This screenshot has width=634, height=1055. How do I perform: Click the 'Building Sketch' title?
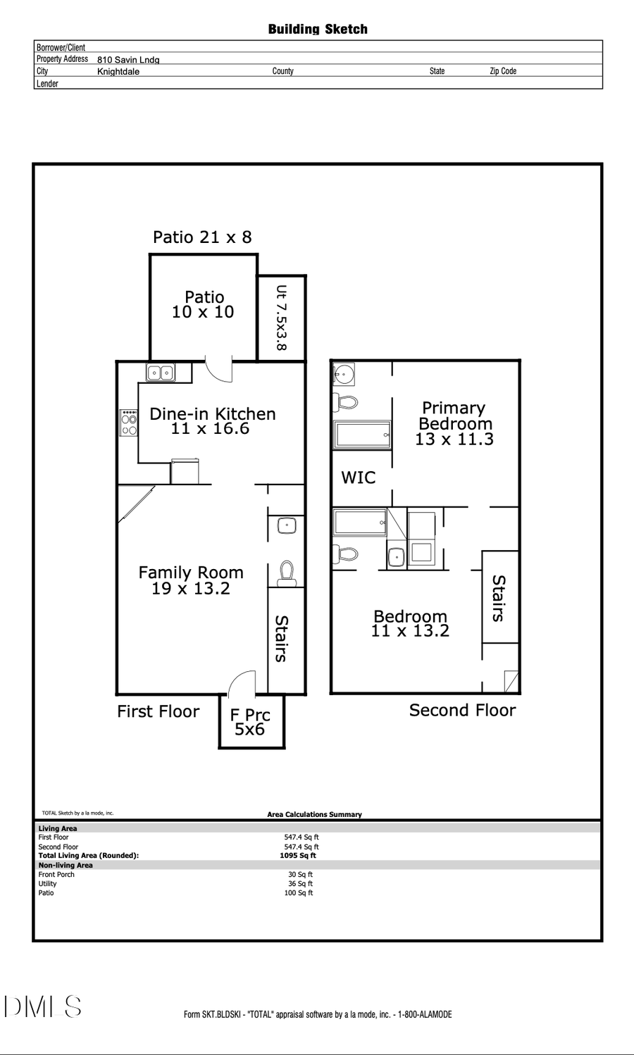[x=318, y=29]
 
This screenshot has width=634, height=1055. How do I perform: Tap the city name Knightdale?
[x=118, y=72]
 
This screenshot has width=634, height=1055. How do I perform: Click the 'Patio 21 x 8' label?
[x=202, y=237]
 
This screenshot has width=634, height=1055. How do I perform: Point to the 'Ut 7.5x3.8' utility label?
[x=281, y=318]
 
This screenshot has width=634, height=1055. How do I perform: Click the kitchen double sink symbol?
[x=161, y=373]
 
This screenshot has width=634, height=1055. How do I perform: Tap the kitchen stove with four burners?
[x=129, y=422]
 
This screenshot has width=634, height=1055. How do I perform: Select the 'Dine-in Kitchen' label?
[x=212, y=414]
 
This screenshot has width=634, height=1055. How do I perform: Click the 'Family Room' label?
[x=190, y=573]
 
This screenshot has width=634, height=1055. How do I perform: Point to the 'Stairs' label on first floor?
[x=281, y=639]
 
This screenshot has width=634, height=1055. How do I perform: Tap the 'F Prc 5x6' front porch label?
[x=250, y=722]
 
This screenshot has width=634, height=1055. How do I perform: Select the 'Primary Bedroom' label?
[x=454, y=416]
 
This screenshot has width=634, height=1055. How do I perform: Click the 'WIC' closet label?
[x=358, y=477]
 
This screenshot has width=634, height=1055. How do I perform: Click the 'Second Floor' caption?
[x=462, y=711]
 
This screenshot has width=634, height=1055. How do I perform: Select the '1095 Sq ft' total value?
[x=298, y=856]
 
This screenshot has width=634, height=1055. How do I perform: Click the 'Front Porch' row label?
[x=56, y=875]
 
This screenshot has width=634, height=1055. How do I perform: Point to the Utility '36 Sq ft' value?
[x=300, y=884]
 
